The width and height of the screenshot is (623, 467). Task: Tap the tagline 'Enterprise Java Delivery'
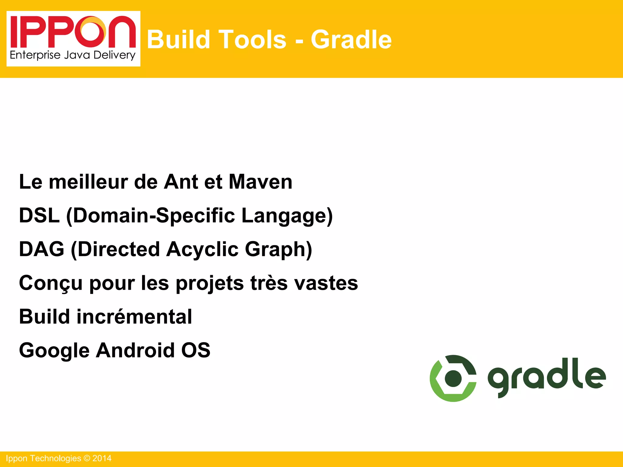coord(73,55)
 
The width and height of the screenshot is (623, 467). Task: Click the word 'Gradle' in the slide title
coord(351,40)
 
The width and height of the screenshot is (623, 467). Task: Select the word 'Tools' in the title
coord(252,40)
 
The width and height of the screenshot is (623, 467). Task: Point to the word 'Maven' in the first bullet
coord(260,182)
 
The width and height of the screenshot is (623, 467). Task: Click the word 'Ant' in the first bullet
coord(181,182)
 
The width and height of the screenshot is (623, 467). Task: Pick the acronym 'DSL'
coord(39,216)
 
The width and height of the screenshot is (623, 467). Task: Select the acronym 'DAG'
coord(42,249)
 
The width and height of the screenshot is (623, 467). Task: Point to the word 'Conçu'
coord(50,283)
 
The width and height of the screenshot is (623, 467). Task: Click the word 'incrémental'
coord(134,317)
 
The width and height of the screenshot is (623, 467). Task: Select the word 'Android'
coord(135,350)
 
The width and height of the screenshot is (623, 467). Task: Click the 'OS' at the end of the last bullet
coord(196,350)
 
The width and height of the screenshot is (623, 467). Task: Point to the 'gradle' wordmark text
coord(547,377)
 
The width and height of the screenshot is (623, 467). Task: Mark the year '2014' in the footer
coord(102,458)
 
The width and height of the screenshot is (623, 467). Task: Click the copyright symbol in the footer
coord(87,458)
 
